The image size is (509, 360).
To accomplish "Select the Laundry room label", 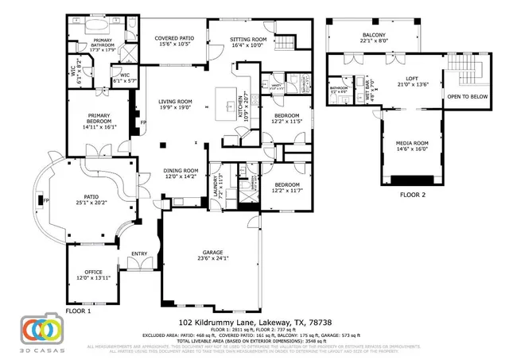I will pos(216,185).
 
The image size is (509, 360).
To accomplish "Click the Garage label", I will pos(211,254).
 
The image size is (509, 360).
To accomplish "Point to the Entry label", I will pos(140,254).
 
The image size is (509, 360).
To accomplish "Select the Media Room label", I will pos(412,145).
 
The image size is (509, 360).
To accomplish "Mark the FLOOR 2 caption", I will pos(413,194).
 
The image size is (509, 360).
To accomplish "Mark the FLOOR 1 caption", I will pos(79,312).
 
